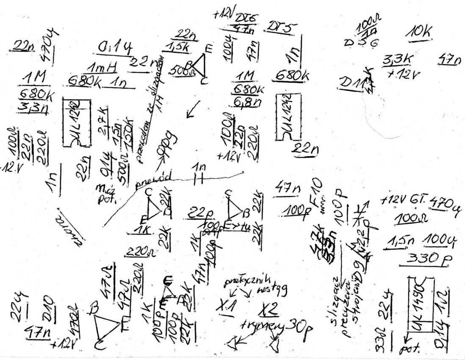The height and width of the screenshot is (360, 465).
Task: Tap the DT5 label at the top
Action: pos(281,27)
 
